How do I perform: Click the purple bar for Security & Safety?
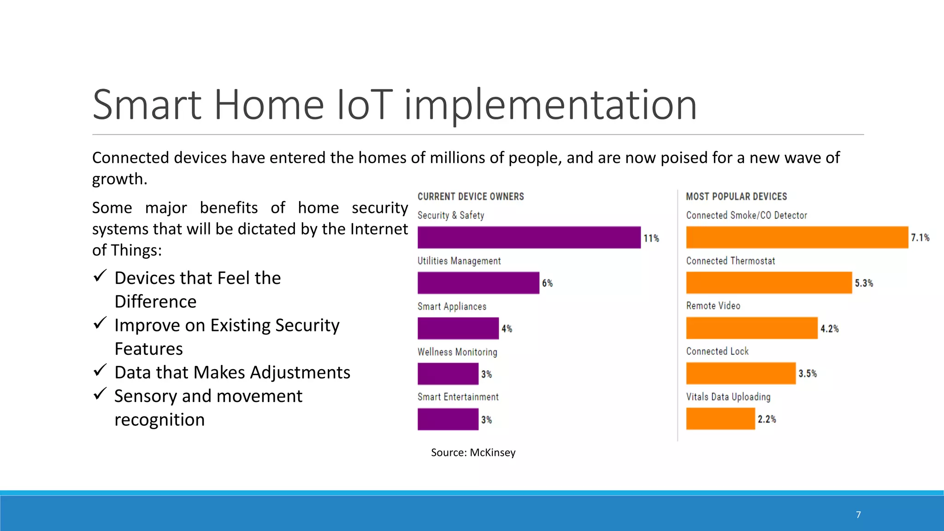[x=529, y=237]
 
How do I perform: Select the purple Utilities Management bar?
[x=478, y=283]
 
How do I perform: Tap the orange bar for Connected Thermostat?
[x=768, y=283]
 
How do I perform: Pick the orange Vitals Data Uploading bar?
[x=720, y=419]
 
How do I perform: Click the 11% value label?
[x=651, y=238]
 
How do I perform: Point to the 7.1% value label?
[x=920, y=238]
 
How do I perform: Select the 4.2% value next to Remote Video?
[x=829, y=329]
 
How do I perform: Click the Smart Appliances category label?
[x=452, y=307]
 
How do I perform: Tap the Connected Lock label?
[x=717, y=351]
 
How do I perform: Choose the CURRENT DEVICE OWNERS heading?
[x=471, y=197]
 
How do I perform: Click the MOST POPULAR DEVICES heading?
[x=736, y=197]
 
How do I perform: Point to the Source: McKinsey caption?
[x=473, y=453]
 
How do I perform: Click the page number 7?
[x=858, y=515]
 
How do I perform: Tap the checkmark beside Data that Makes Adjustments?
[x=100, y=370]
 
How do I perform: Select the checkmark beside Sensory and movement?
[x=100, y=394]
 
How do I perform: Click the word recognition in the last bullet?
[x=159, y=420]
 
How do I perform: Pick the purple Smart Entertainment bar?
[x=448, y=419]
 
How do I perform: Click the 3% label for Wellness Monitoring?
[x=487, y=374]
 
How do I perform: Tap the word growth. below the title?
[x=119, y=179]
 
